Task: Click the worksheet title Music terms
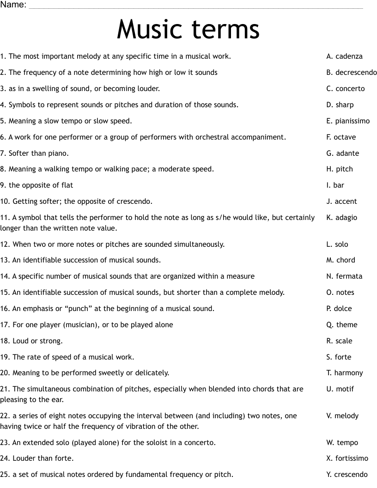188,29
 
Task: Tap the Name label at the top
13,5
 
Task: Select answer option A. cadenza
344,56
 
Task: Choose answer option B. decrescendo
351,73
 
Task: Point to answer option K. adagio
341,218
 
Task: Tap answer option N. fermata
344,276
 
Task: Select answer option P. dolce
339,309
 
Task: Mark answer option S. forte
339,357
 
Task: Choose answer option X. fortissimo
347,458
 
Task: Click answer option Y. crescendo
347,475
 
